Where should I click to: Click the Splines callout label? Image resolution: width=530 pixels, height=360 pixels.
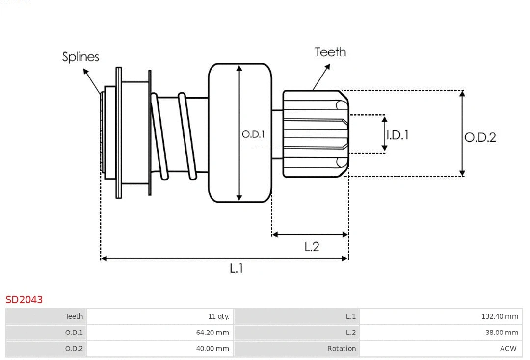[x=80, y=57]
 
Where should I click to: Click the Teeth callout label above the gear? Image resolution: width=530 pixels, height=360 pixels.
[x=330, y=52]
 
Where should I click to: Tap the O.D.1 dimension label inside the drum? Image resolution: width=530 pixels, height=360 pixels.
[x=253, y=134]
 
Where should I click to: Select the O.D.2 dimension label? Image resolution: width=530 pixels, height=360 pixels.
[x=480, y=137]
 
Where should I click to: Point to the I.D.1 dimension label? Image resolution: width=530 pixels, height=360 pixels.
[x=397, y=135]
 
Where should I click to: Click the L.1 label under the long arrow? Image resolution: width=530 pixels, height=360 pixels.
[x=237, y=268]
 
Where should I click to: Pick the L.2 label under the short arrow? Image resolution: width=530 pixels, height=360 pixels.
[x=312, y=246]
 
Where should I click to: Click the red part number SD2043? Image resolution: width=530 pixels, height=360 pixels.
[x=24, y=299]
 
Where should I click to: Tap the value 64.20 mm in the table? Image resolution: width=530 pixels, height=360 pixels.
[x=212, y=333]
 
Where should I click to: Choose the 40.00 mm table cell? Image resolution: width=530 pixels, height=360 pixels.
[x=212, y=349]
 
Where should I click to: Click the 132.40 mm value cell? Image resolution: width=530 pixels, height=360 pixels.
[x=500, y=316]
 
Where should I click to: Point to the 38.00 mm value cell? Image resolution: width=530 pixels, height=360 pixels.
[x=502, y=333]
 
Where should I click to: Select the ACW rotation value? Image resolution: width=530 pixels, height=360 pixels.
[x=508, y=349]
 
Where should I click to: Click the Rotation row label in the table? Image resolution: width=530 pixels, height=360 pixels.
[x=342, y=349]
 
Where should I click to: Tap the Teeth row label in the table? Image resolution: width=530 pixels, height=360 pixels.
[x=74, y=316]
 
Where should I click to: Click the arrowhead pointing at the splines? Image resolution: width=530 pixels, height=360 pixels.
[x=86, y=72]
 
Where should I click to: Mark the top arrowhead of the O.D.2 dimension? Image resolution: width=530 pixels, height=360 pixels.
[x=462, y=93]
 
